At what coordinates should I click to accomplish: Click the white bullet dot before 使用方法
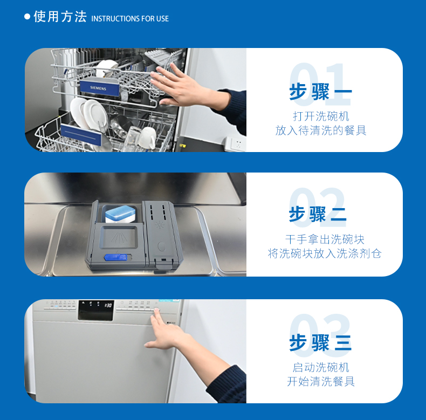coord(28,17)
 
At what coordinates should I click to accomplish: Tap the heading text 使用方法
coord(60,17)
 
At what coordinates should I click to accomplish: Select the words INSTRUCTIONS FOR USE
coord(130,19)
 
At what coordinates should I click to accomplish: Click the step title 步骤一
coord(320,92)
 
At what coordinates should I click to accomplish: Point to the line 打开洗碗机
coord(321,116)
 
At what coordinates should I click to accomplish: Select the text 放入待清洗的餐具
coord(321,130)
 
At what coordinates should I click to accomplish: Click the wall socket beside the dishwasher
coord(235,144)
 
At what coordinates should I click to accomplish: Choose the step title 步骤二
coord(318,214)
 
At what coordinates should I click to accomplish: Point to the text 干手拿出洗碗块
coord(321,239)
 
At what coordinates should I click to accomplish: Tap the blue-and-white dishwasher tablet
coord(122,214)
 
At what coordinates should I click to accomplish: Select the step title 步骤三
coord(320,342)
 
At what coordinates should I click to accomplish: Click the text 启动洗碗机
coord(321,367)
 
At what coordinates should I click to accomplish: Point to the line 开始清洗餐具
coord(321,382)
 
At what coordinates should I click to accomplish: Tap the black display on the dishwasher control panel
coord(96,310)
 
